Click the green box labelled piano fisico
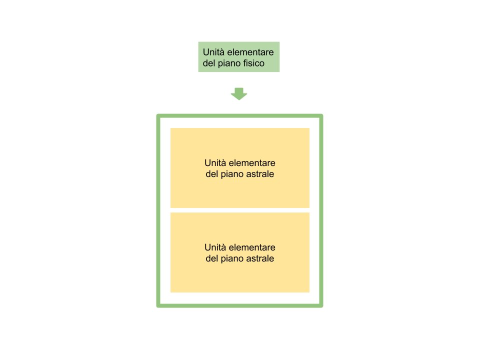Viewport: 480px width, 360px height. pos(239,57)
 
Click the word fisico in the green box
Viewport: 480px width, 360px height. pos(254,63)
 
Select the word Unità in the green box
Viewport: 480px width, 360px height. pos(213,52)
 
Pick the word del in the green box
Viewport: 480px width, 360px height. pos(209,63)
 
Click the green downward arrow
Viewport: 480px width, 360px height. pos(239,94)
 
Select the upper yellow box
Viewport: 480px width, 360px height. pos(239,168)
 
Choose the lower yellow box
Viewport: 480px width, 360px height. pos(239,252)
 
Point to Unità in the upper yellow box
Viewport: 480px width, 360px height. pos(215,163)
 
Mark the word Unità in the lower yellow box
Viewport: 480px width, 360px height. pos(215,247)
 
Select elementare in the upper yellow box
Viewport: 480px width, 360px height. pos(252,163)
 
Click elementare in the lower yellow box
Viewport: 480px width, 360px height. pos(252,247)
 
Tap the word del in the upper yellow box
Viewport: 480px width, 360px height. pos(212,174)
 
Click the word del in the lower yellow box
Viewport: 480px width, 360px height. pos(212,258)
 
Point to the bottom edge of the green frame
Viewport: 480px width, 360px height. pos(239,305)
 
